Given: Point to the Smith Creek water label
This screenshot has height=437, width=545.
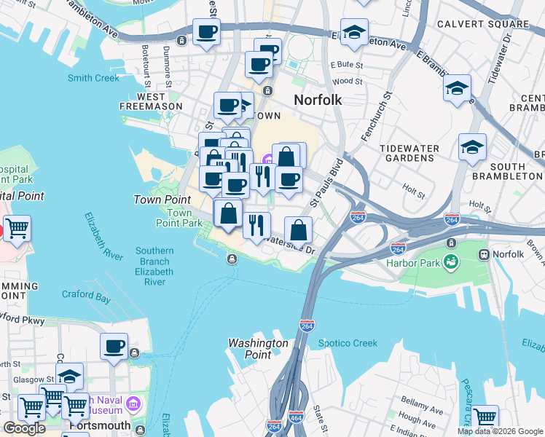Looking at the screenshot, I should click(x=93, y=78).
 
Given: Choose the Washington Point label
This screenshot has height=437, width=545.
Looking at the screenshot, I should click(x=258, y=348).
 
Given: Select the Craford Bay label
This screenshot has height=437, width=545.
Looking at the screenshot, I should click(x=86, y=295).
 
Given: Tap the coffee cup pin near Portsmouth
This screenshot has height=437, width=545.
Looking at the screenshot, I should click(x=114, y=346).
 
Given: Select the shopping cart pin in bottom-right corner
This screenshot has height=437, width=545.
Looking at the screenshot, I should click(x=485, y=417).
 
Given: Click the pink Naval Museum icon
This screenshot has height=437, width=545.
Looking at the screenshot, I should click(x=133, y=403).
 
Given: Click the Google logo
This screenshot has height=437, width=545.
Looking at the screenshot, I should click(x=24, y=428).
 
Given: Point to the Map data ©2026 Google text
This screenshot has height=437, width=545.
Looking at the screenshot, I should click(x=499, y=431).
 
